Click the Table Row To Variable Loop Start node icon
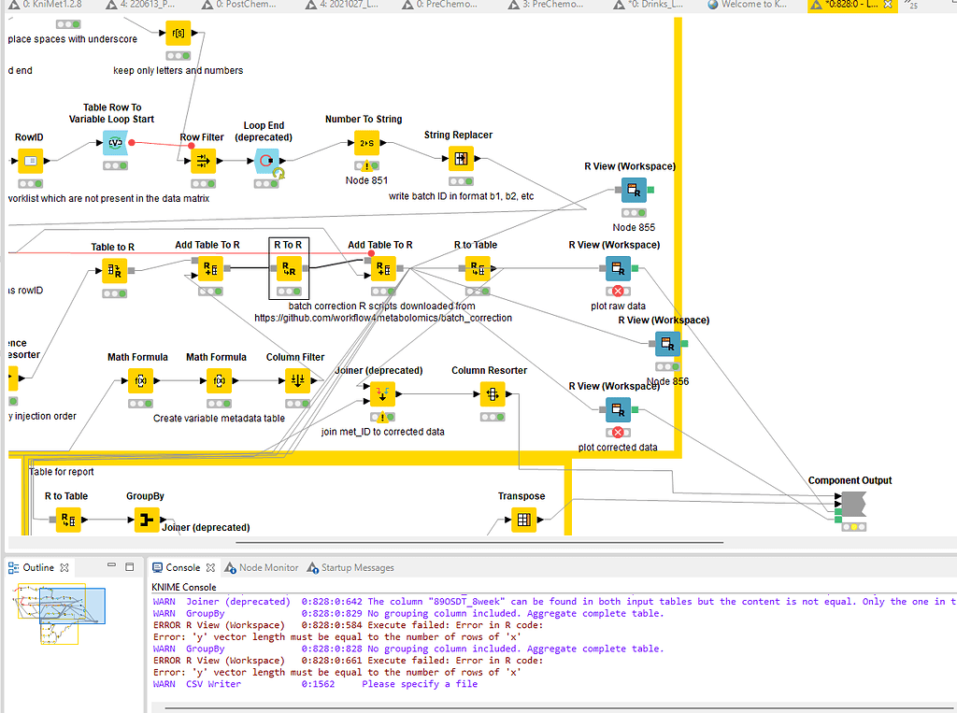point(117,143)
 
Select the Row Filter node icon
point(202,161)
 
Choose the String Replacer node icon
point(458,158)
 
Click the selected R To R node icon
point(287,270)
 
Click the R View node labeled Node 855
point(634,191)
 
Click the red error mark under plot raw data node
point(617,292)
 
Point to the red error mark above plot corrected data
point(617,432)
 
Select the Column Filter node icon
point(295,380)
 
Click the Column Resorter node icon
point(490,394)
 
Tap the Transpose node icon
point(522,520)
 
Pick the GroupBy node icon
point(146,520)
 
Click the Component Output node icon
point(851,505)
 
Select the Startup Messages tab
point(357,567)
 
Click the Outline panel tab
point(39,567)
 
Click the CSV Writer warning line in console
point(315,684)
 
